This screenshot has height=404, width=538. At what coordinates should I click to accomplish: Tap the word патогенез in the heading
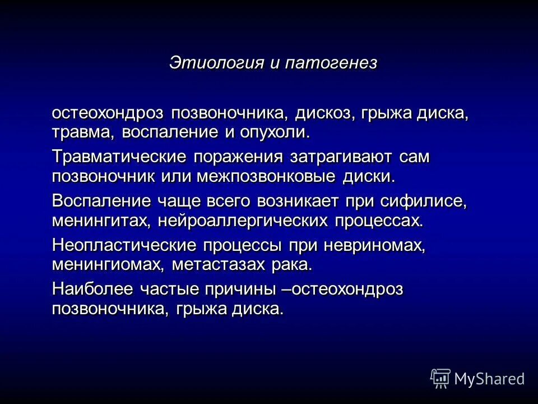(331, 62)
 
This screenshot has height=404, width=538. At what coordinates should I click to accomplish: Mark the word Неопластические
(124, 245)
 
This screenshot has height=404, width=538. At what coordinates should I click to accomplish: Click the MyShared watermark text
(489, 379)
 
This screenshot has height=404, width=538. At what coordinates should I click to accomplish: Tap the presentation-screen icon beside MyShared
(440, 378)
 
